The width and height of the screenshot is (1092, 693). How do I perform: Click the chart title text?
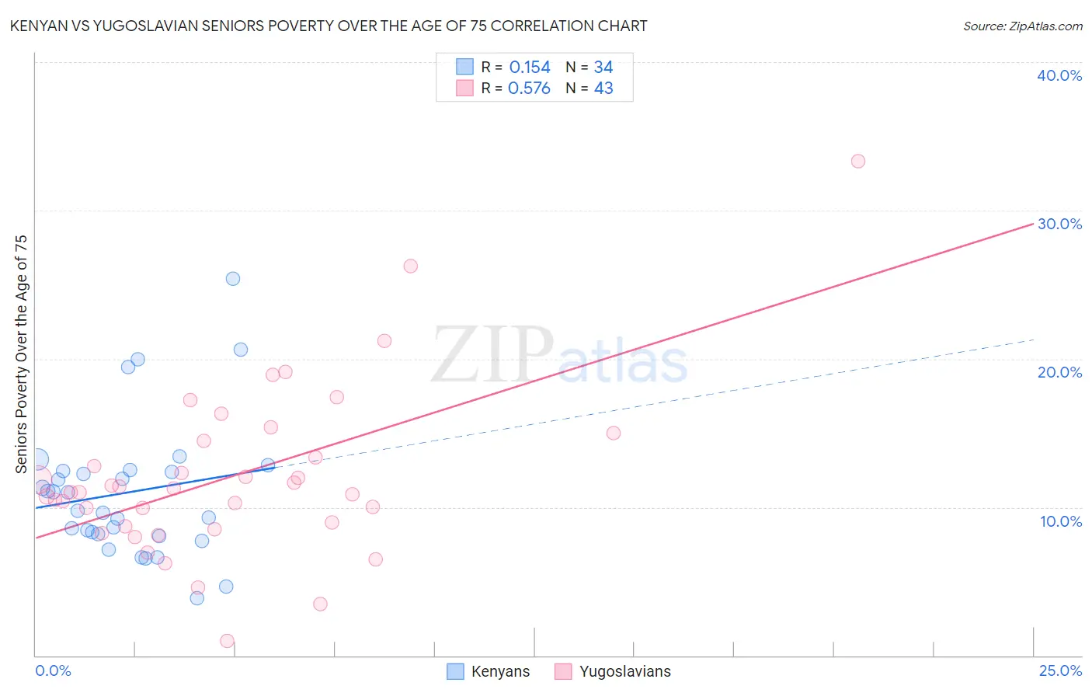click(x=328, y=26)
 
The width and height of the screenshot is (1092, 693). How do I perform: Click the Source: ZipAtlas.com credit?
click(x=1022, y=26)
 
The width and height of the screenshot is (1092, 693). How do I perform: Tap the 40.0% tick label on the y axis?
click(x=1059, y=75)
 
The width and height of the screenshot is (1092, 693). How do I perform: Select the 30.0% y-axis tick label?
click(x=1059, y=224)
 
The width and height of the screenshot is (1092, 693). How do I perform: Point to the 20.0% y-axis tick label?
click(x=1059, y=372)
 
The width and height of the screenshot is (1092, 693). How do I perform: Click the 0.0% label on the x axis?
click(x=53, y=670)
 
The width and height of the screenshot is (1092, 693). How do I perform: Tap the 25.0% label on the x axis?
click(x=1060, y=670)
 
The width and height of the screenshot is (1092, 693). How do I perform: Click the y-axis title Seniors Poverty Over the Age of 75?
click(x=21, y=353)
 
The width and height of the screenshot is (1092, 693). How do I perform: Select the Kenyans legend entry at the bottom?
click(x=489, y=671)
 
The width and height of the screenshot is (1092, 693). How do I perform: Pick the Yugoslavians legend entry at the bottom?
click(x=614, y=671)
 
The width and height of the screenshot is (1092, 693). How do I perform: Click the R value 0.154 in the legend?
click(x=530, y=68)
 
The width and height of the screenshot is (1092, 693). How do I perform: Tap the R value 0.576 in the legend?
click(x=529, y=89)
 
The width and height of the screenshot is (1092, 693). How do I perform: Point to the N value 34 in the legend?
click(x=603, y=68)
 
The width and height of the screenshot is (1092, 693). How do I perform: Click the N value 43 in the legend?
click(x=603, y=89)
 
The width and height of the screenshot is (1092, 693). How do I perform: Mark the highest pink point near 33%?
click(x=857, y=162)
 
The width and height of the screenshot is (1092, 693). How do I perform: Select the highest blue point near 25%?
click(x=232, y=279)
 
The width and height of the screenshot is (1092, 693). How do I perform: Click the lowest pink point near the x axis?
click(x=227, y=641)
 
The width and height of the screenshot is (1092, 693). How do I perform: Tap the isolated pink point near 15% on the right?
click(x=613, y=434)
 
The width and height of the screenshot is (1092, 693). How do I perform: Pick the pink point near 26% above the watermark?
click(x=410, y=266)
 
